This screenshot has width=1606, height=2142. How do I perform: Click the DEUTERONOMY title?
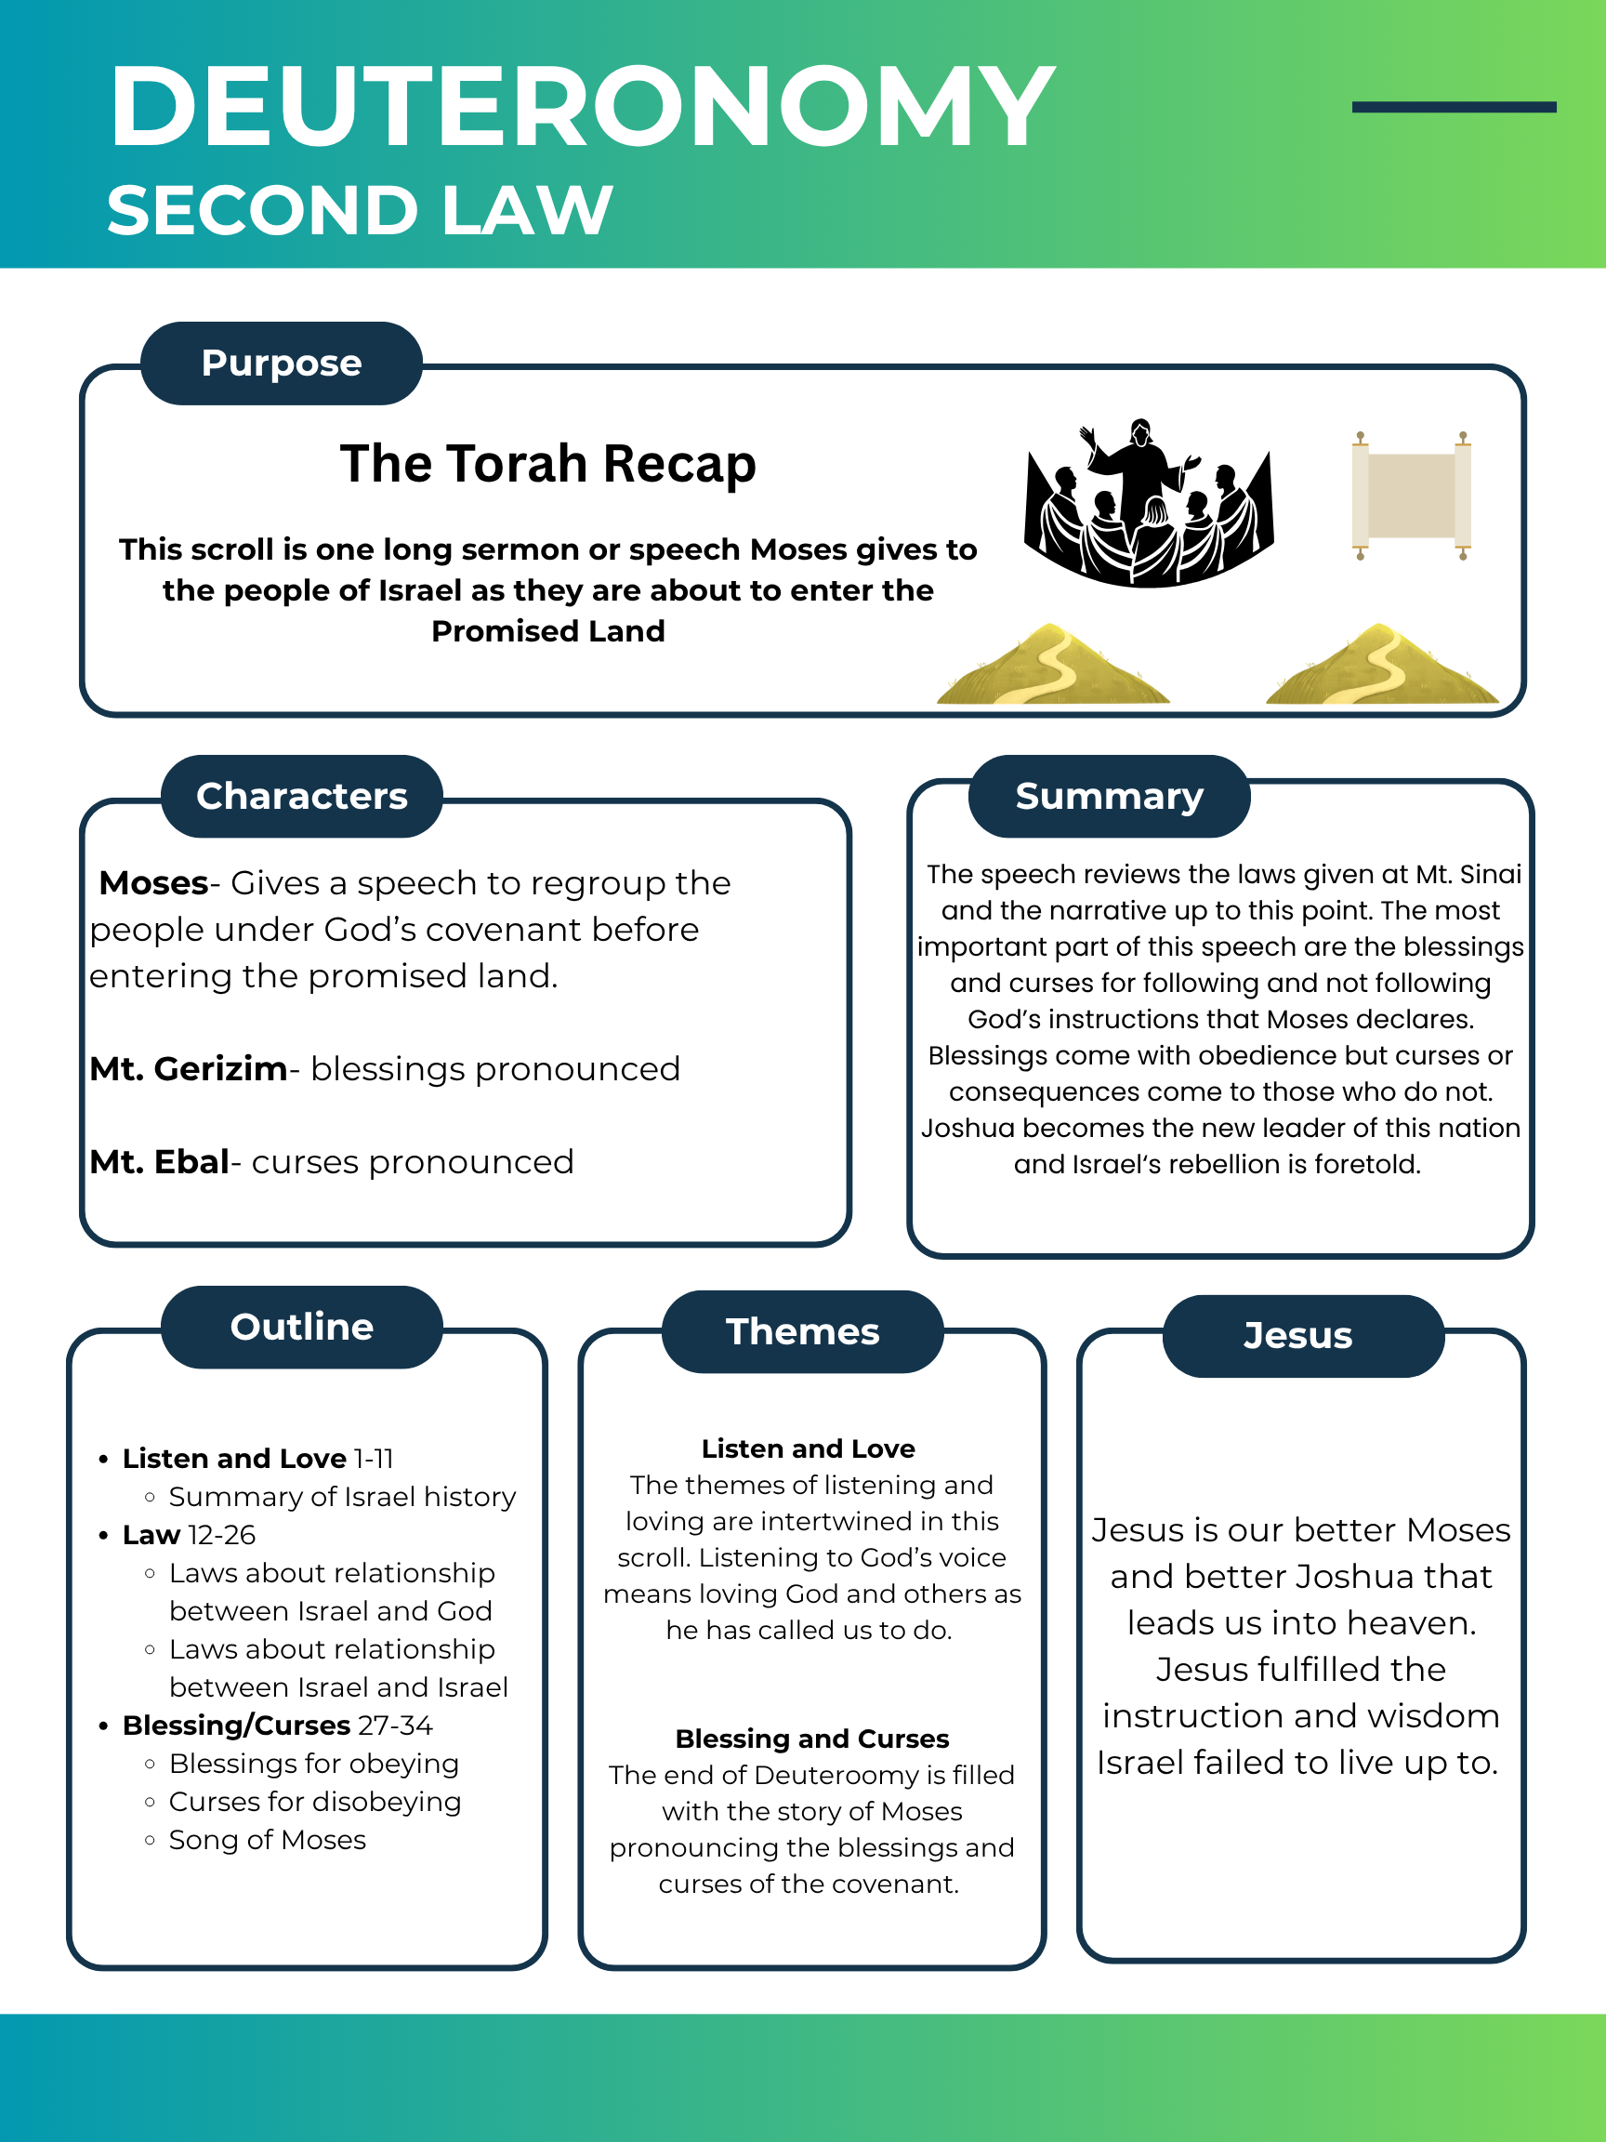pos(581,107)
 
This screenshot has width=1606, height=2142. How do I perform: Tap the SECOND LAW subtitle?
pos(359,210)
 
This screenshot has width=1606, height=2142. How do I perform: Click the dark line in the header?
pos(1453,108)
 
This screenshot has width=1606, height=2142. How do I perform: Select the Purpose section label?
pos(281,364)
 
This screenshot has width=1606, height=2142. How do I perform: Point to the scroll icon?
pos(1412,496)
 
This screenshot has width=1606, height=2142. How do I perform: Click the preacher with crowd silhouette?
pos(1149,504)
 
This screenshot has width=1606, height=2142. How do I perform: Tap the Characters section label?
pos(301,796)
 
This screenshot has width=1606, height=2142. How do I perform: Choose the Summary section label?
pos(1109,796)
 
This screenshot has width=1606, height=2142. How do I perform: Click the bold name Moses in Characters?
pos(154,883)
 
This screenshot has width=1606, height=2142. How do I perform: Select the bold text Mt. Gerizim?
pos(188,1069)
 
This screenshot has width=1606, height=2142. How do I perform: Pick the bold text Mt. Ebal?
pos(159,1162)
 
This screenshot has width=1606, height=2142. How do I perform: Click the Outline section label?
pos(301,1327)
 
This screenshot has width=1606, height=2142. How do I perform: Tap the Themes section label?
pos(802,1331)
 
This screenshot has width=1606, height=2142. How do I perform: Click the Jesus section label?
pos(1297,1335)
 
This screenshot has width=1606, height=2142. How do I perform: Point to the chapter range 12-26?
pos(222,1536)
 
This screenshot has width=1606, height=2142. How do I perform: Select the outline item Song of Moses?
pos(267,1840)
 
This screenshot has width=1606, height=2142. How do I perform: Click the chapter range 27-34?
pos(395,1725)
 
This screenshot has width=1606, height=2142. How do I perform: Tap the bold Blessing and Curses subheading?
pos(811,1739)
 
